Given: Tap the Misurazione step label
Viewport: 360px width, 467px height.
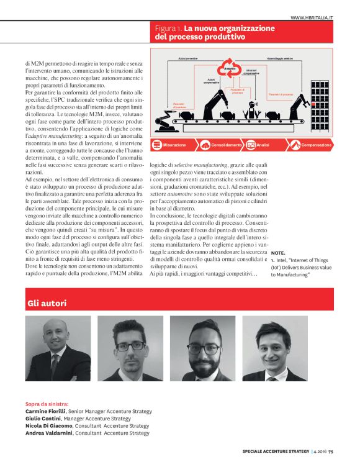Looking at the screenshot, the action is [x=175, y=145].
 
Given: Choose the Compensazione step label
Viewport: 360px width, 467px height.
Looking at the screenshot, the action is [x=317, y=145].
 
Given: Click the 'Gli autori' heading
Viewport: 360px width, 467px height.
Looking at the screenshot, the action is [x=47, y=303].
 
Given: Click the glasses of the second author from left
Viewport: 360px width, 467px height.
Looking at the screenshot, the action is [x=130, y=345].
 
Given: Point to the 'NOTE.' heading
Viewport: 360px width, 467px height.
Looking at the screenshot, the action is [x=279, y=253].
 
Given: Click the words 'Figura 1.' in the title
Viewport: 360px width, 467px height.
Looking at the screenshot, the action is [x=168, y=28].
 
